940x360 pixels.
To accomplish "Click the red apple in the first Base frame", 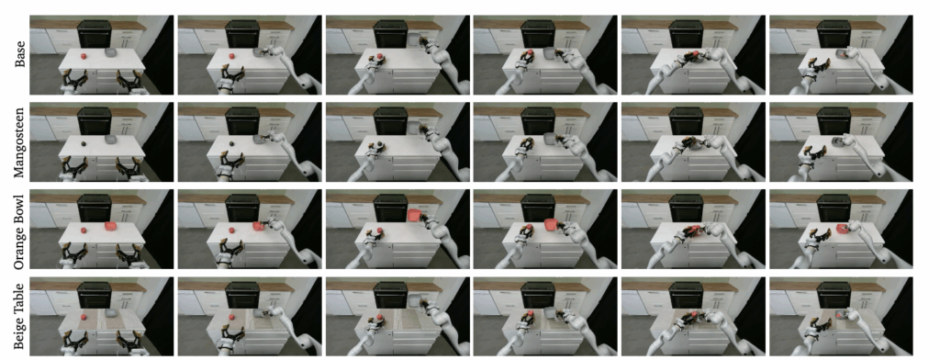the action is point(84,56).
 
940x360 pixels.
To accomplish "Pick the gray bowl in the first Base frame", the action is point(111,52).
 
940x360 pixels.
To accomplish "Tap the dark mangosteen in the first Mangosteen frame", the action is point(84,143).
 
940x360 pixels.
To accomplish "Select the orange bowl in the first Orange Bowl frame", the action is point(110,227).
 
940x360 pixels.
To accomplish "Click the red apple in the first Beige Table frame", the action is point(84,316).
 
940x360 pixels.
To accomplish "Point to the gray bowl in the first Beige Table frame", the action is point(111,313).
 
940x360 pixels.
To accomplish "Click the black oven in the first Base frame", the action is point(95,35).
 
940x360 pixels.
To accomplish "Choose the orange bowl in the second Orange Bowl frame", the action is point(259,227).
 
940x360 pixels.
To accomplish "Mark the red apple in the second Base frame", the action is point(231,56).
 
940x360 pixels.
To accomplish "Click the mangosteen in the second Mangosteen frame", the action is point(231,143).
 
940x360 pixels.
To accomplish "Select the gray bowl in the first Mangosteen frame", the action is point(111,140).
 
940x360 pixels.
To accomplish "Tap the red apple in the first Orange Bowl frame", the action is point(84,230).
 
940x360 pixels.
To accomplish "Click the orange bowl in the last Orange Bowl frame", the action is point(843,229).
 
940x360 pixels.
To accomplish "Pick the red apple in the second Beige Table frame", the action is point(231,316).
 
